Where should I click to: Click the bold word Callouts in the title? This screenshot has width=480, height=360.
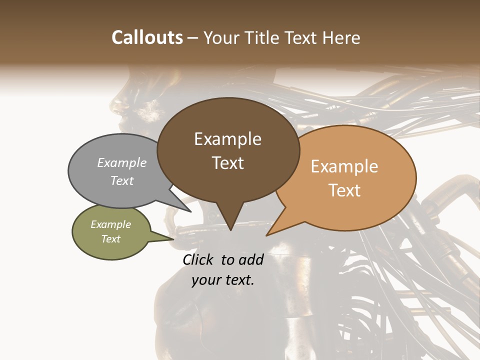(147, 37)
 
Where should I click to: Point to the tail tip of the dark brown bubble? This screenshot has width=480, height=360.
(230, 229)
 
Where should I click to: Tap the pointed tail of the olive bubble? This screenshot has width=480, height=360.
(172, 238)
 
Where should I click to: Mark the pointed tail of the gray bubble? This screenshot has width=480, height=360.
(190, 211)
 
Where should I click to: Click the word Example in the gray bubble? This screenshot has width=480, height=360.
(122, 163)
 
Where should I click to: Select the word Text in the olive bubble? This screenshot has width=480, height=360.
(111, 239)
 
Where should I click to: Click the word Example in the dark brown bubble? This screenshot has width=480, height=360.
(227, 139)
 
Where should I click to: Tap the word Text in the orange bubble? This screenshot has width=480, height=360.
(345, 190)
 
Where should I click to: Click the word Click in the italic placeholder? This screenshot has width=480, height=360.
(199, 259)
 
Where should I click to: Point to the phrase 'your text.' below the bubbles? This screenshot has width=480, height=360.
(223, 280)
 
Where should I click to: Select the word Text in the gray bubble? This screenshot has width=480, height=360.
(122, 181)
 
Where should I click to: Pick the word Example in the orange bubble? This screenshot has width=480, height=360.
(344, 166)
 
